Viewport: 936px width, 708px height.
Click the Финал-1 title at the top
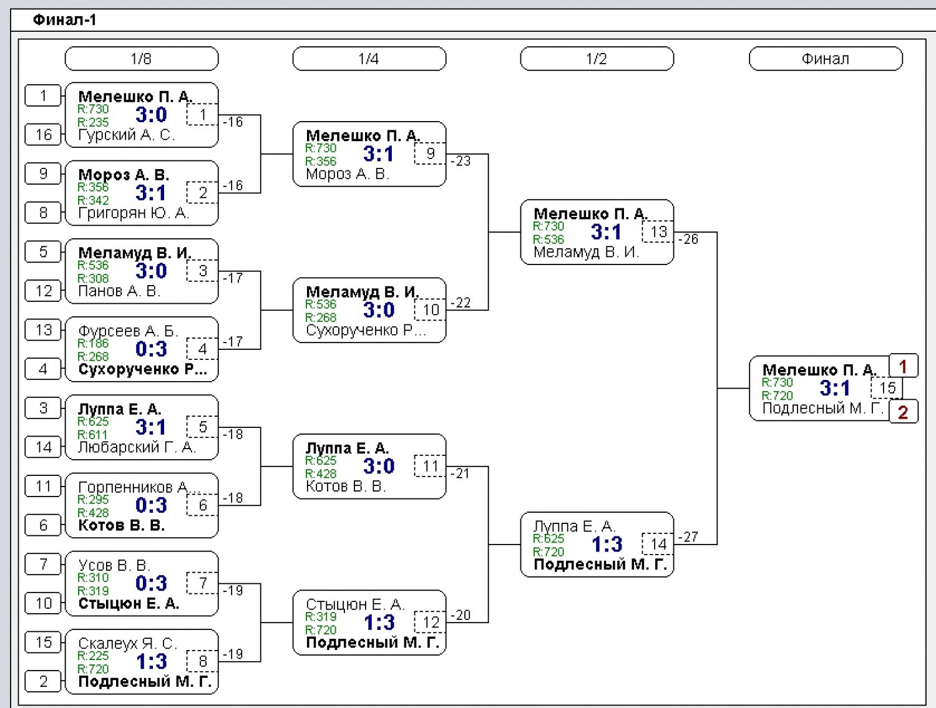click(x=64, y=20)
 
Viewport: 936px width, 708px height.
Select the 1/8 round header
click(x=142, y=59)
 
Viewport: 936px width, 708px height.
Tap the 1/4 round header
click(x=369, y=59)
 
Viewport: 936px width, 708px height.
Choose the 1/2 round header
click(x=597, y=59)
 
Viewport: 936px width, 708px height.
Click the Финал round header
click(x=826, y=59)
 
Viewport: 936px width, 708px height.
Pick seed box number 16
click(x=43, y=135)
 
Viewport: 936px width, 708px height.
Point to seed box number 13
click(x=43, y=330)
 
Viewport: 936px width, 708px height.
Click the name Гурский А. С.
click(x=126, y=135)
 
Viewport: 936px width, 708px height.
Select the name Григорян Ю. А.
click(x=134, y=213)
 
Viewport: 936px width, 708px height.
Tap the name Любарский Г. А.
click(x=137, y=447)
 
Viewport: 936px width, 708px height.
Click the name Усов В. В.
click(x=114, y=565)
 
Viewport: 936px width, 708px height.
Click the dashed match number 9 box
click(x=430, y=153)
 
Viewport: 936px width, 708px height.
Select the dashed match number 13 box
click(x=658, y=231)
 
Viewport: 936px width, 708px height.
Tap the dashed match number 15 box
click(x=887, y=388)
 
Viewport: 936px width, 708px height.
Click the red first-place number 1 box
click(x=903, y=366)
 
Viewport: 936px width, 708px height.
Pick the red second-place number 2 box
click(x=903, y=412)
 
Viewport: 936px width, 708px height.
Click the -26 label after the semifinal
click(x=688, y=239)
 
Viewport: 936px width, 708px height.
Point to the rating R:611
click(x=92, y=435)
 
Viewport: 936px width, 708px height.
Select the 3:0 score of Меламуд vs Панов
click(x=151, y=271)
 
